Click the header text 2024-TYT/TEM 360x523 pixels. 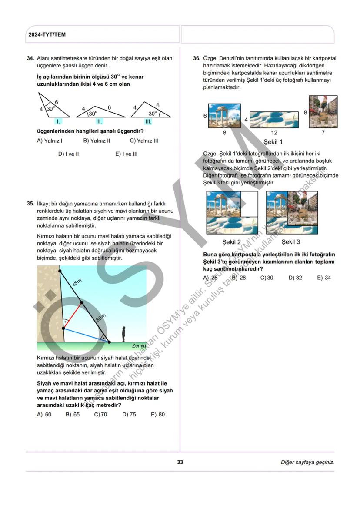point(47,34)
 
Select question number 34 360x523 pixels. point(30,58)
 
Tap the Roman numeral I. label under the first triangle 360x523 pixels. point(58,122)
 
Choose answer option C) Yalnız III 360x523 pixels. point(144,141)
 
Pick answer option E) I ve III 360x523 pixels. point(126,154)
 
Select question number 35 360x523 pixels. point(30,203)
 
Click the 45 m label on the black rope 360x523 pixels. point(77,283)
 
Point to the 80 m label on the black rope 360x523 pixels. point(101,318)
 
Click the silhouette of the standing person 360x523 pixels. point(124,334)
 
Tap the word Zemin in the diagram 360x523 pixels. point(139,345)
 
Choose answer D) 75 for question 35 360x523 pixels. point(129,414)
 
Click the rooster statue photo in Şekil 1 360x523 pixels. point(323,112)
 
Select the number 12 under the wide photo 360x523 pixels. point(274,133)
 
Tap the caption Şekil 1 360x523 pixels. point(273,142)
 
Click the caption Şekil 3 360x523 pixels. point(290,242)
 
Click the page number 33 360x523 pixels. point(180,462)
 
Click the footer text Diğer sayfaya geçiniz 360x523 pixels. point(307,462)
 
